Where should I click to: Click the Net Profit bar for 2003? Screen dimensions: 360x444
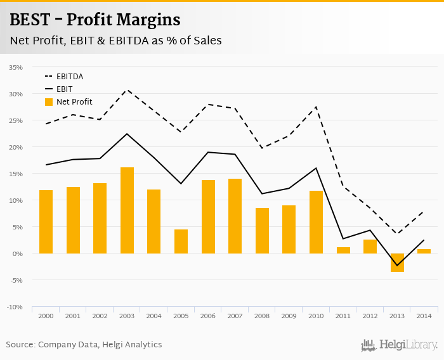pos(127,210)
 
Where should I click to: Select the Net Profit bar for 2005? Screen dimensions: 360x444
pos(181,241)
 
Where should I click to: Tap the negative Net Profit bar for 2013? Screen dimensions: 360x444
pos(398,262)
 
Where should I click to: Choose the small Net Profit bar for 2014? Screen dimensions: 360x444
pos(424,251)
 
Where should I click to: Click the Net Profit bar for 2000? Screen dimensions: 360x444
pos(46,222)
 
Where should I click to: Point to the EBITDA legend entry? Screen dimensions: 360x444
pos(70,77)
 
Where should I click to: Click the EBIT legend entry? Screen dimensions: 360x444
pos(64,89)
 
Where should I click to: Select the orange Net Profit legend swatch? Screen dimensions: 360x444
pos(49,102)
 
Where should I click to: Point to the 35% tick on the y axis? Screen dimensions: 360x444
pos(16,67)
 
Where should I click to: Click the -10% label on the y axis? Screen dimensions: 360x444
pos(15,307)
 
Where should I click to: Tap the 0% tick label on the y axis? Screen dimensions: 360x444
pos(17,254)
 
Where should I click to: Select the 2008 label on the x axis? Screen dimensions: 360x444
pos(262,315)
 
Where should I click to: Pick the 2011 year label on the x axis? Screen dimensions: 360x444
pos(343,315)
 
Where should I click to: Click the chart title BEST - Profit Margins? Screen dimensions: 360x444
pos(95,20)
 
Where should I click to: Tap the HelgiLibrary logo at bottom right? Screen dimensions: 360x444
pos(399,345)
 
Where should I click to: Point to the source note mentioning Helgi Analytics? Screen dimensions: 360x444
pos(84,345)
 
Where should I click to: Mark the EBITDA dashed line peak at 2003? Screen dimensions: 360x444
pos(127,89)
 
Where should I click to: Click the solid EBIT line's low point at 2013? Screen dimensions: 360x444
pos(398,266)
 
